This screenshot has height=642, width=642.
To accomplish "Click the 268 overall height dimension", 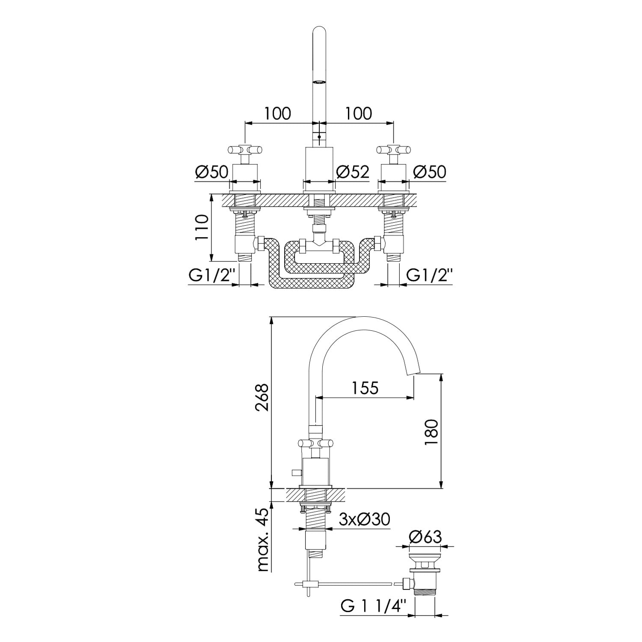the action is coord(262,398).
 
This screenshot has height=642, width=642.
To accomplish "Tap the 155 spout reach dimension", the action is coord(366,388).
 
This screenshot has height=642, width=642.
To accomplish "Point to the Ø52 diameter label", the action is coord(353,172).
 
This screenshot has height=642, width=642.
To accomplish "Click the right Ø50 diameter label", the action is coord(430,172).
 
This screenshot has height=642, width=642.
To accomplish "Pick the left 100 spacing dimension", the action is coord(277,113).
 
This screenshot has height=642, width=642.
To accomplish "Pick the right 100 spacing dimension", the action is coord(359,113).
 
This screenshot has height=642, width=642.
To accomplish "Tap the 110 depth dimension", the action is coord(202,227).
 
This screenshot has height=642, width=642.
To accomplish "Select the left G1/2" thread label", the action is coord(213,276).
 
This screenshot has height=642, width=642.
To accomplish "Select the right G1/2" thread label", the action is coord(430,276).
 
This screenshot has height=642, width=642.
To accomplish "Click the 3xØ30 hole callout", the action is coord(364,520).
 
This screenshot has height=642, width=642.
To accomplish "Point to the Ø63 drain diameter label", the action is coord(425,536).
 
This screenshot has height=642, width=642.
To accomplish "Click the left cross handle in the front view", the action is coord(244,150).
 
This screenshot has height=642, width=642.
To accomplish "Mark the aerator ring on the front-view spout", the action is coord(319,82).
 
